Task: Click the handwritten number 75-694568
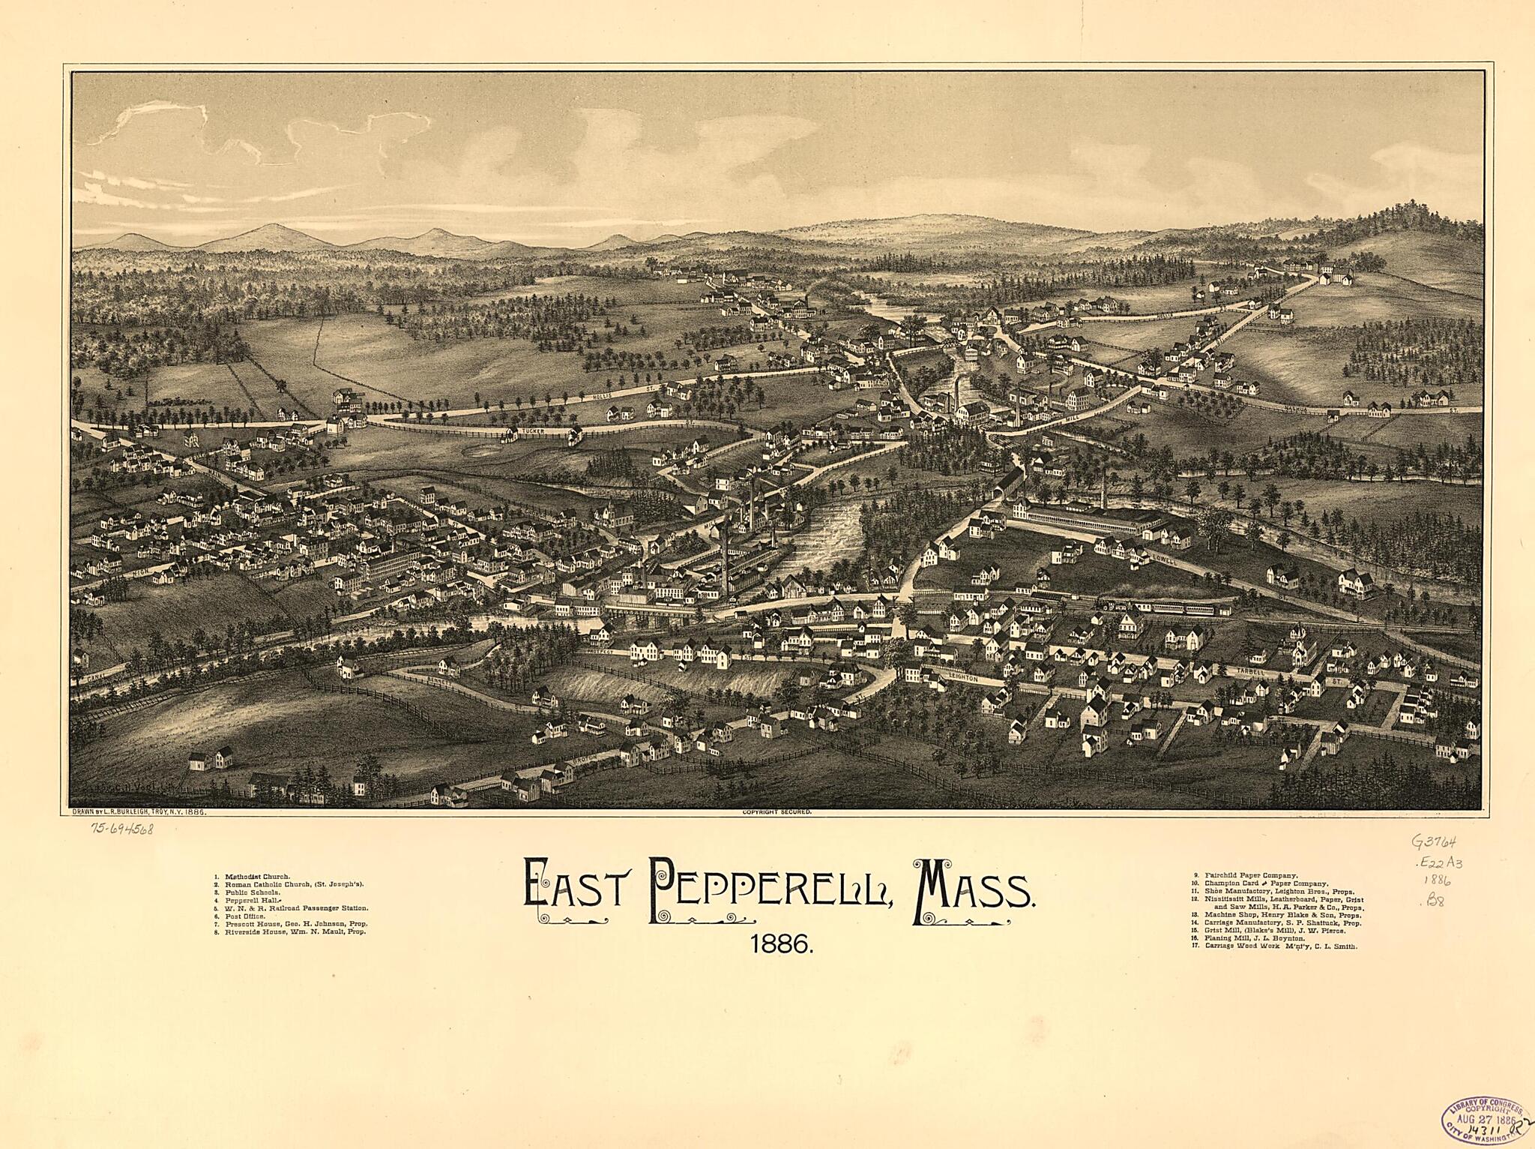(x=122, y=829)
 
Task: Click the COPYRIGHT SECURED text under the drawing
(x=776, y=812)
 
